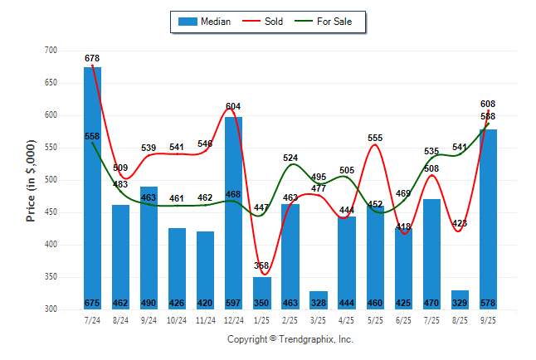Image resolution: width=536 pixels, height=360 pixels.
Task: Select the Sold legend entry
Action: (x=266, y=22)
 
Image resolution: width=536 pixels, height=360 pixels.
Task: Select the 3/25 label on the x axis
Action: (x=319, y=319)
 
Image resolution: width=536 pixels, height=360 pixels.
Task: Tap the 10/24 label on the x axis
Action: (x=177, y=319)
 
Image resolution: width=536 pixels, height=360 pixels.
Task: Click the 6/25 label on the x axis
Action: (x=404, y=319)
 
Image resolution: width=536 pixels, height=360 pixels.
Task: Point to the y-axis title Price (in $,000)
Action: (x=31, y=180)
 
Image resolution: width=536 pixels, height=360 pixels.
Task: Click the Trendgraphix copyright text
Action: (x=290, y=339)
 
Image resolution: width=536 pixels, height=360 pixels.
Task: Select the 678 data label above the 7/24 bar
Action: (x=92, y=58)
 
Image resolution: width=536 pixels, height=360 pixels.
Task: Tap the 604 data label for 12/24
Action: (x=234, y=106)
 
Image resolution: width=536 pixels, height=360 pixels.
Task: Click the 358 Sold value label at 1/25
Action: (x=262, y=265)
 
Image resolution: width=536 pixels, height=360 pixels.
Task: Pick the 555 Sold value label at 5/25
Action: (x=375, y=138)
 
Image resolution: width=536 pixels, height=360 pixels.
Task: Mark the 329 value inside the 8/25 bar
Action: (x=460, y=303)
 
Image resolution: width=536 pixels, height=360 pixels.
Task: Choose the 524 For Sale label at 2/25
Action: (x=290, y=158)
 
